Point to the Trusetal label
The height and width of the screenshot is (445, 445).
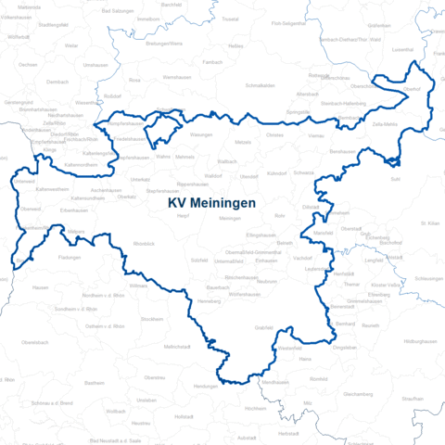point(230,19)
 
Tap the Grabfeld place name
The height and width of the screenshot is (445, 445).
point(263,327)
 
